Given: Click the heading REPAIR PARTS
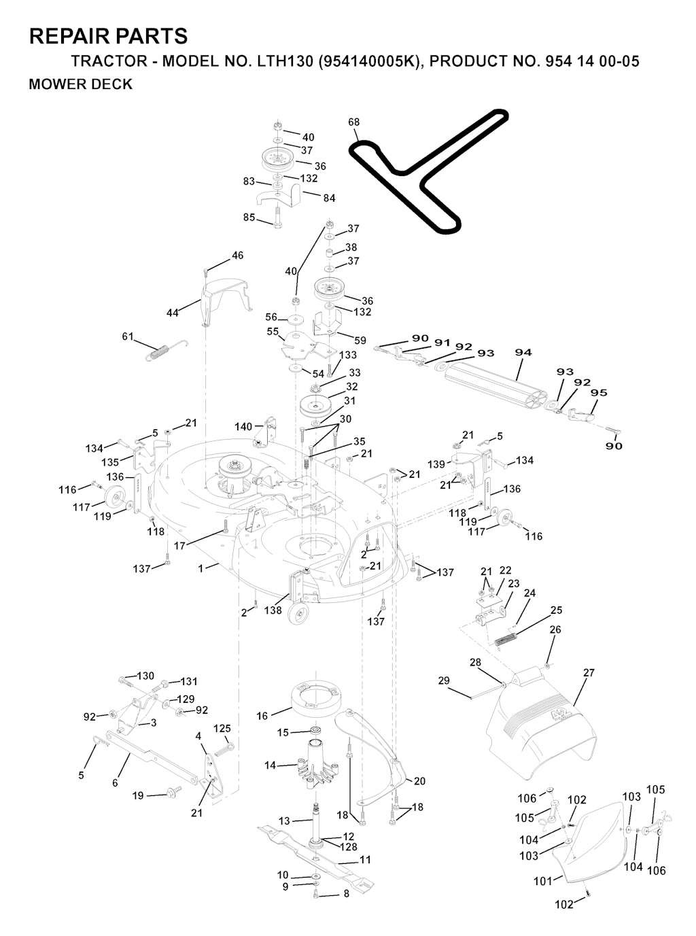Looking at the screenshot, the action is pos(109,36).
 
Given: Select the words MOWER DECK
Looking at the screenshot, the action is pos(80,84).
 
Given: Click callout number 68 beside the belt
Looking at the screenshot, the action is pos(353,122).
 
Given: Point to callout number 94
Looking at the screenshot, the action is pos(523,352).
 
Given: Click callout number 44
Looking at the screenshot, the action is pos(172,313).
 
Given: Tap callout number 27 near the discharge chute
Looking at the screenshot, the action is pos(589,673).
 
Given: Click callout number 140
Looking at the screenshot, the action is pos(243,427).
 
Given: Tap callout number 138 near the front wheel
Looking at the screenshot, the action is pos(273,610).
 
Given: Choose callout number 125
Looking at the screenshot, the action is pos(222,729).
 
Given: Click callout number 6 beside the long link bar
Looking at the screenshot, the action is pos(116,783).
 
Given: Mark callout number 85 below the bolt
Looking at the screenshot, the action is pos(249,217).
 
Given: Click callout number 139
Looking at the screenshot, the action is pos(436,464).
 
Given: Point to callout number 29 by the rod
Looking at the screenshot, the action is pos(444,680).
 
